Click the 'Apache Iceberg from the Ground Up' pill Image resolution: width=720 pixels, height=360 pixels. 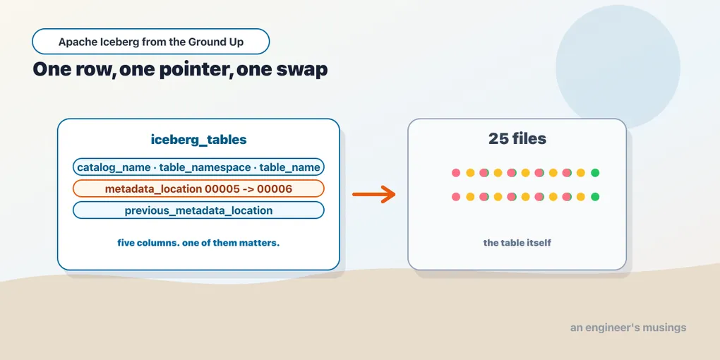tap(150, 42)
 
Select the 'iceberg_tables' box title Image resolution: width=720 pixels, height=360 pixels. tap(198, 140)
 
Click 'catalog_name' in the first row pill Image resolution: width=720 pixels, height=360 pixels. tap(114, 167)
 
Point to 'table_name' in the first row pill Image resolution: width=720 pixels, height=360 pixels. tap(289, 167)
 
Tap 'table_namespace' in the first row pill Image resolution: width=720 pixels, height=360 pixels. tap(205, 167)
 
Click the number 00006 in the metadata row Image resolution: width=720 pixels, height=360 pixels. tap(275, 188)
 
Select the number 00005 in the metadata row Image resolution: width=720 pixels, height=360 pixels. tap(223, 188)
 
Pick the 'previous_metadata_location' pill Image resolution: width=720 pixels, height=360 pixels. tap(198, 210)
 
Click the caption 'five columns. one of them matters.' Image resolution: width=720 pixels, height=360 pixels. tap(198, 243)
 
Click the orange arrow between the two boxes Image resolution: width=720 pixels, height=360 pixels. tap(374, 194)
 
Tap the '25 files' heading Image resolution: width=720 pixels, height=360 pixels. tap(517, 138)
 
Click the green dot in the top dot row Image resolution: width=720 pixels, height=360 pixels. tap(595, 173)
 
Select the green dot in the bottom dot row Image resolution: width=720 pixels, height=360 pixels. tap(595, 196)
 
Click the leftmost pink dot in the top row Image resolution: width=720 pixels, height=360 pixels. tap(456, 173)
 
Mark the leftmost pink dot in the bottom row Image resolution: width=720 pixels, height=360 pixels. tap(456, 196)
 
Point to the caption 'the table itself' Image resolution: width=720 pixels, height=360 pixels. tap(517, 242)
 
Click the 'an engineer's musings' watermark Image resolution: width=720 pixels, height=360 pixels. tap(628, 328)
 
